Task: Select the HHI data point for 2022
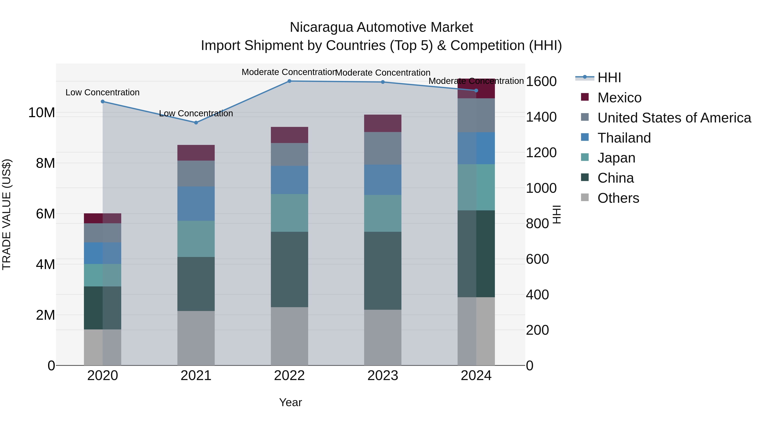[x=289, y=81]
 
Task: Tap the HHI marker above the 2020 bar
[x=103, y=101]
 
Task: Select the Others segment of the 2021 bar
[x=196, y=338]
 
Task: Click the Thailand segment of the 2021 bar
[x=196, y=203]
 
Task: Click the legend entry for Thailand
[x=624, y=138]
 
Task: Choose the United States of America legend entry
[x=674, y=118]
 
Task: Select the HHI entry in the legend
[x=609, y=78]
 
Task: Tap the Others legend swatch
[x=585, y=197]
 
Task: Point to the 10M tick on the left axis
[x=42, y=113]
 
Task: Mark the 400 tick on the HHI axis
[x=537, y=295]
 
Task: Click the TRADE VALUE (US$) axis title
[x=7, y=214]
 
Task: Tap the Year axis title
[x=290, y=402]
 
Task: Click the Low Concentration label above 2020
[x=103, y=92]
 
